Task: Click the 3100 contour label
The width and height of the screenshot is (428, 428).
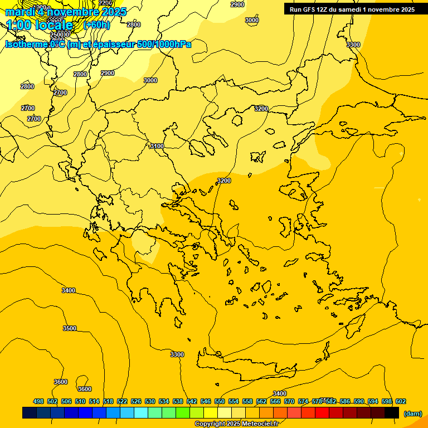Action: point(157,146)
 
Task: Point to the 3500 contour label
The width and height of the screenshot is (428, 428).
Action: point(70,328)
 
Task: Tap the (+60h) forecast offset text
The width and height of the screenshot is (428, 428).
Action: point(96,25)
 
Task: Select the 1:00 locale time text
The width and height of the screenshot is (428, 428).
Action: point(40,25)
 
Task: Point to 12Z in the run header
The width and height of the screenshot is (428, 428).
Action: point(324,9)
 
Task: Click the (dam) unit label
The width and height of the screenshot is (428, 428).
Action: point(412,414)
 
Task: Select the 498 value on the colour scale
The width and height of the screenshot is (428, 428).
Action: point(38,401)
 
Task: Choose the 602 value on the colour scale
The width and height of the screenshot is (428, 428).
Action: point(401,401)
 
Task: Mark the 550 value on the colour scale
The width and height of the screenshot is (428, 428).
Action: point(220,401)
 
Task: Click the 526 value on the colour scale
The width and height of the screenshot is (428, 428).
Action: point(136,401)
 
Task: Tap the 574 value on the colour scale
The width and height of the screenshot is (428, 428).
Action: point(303,401)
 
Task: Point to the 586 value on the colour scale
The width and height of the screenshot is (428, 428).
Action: point(345,401)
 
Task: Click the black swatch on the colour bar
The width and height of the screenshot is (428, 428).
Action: point(392,413)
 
